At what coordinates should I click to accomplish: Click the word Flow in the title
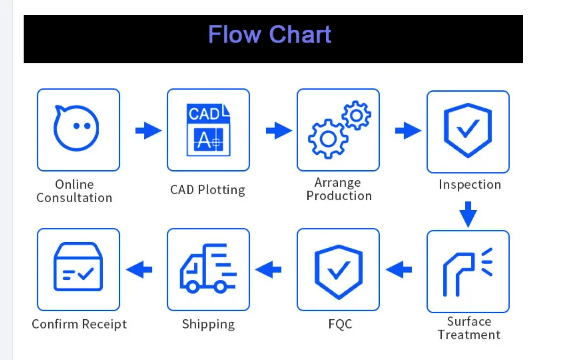(235, 34)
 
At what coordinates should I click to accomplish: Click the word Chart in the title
(300, 34)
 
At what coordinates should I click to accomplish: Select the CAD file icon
(208, 130)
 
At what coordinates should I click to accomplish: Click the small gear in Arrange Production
(356, 116)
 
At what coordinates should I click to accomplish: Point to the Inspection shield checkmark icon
(468, 130)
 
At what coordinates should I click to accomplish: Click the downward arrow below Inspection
(468, 214)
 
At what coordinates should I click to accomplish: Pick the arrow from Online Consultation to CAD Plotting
(149, 130)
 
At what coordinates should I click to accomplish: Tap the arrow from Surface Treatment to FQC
(399, 270)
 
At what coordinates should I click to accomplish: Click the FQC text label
(340, 324)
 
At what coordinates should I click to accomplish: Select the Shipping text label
(208, 325)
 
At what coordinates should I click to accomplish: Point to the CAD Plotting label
(208, 190)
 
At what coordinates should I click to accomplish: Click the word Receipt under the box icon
(104, 325)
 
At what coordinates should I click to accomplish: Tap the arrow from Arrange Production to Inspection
(408, 130)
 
